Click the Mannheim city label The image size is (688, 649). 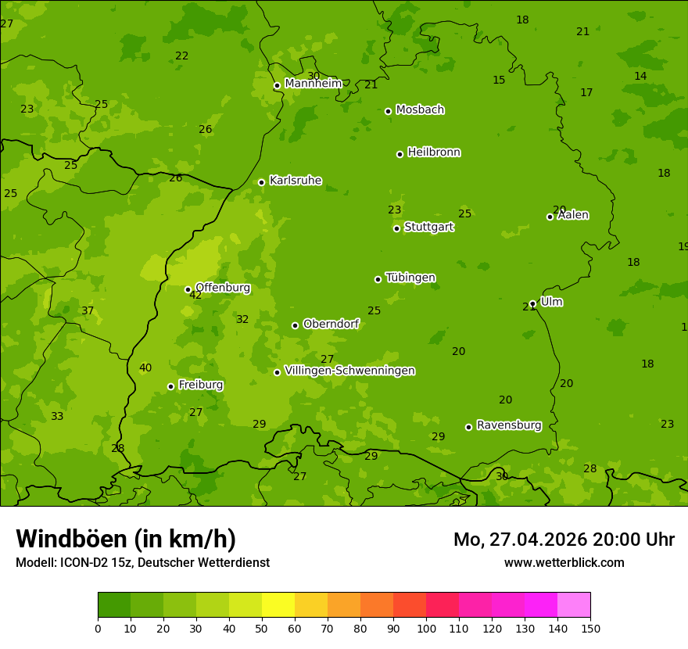pyautogui.click(x=313, y=84)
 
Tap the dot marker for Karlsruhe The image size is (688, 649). pyautogui.click(x=261, y=182)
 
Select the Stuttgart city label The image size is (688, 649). pyautogui.click(x=428, y=227)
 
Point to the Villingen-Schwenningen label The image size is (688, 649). pyautogui.click(x=349, y=371)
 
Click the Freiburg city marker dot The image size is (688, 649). pyautogui.click(x=170, y=386)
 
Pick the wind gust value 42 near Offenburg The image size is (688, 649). pyautogui.click(x=195, y=296)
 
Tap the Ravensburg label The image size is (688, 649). pyautogui.click(x=509, y=425)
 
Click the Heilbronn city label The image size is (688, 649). pyautogui.click(x=434, y=152)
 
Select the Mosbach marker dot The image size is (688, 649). pyautogui.click(x=388, y=111)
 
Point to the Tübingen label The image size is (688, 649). pyautogui.click(x=410, y=278)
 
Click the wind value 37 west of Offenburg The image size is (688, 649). pyautogui.click(x=88, y=311)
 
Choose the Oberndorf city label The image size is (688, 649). pyautogui.click(x=331, y=324)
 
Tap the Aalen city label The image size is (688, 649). pyautogui.click(x=573, y=215)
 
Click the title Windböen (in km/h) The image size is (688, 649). pyautogui.click(x=126, y=539)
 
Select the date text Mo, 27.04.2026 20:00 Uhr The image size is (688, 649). pyautogui.click(x=564, y=540)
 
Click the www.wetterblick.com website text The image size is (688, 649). pyautogui.click(x=564, y=563)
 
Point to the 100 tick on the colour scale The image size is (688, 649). pyautogui.click(x=426, y=628)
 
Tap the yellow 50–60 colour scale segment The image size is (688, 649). pyautogui.click(x=278, y=605)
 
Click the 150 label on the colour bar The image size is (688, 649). pyautogui.click(x=590, y=628)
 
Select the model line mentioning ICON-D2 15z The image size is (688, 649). pyautogui.click(x=142, y=563)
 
